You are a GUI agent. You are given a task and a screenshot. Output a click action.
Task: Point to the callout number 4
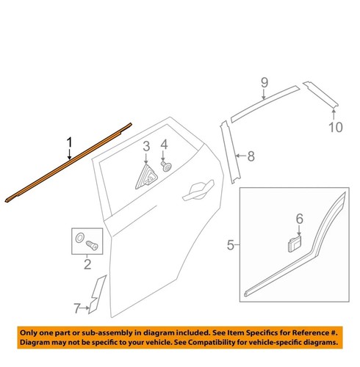(x=165, y=145)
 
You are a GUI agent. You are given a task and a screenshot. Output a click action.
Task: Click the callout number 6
(x=299, y=218)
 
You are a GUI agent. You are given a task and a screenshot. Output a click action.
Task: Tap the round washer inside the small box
(x=79, y=238)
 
